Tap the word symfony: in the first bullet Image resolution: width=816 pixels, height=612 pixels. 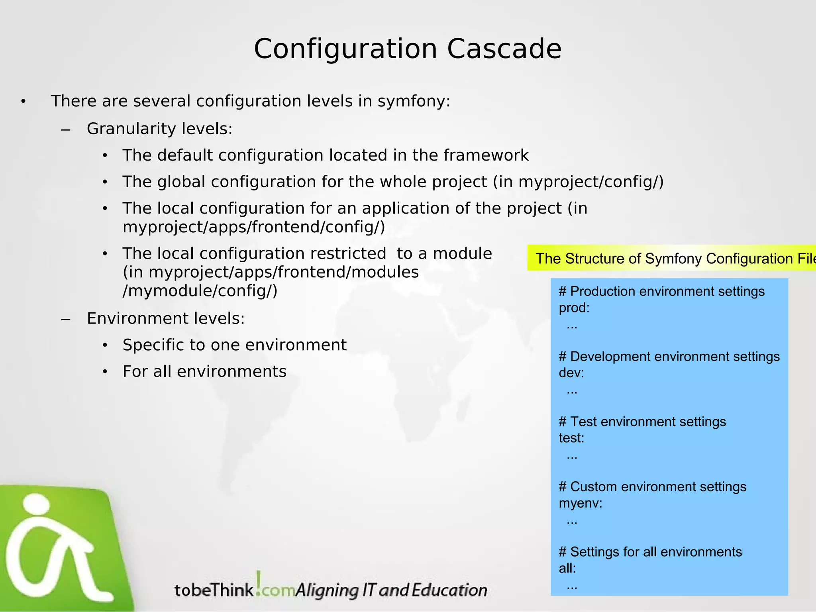pyautogui.click(x=414, y=101)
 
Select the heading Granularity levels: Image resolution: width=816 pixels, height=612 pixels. pyautogui.click(x=159, y=129)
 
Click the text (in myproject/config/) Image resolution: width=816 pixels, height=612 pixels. pyautogui.click(x=578, y=182)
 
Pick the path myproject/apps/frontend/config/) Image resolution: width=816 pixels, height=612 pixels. pyautogui.click(x=254, y=227)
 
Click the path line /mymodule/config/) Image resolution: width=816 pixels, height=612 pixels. pyautogui.click(x=200, y=291)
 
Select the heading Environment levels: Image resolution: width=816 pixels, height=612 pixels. pyautogui.click(x=166, y=318)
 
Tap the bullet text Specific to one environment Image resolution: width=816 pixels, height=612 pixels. pyautogui.click(x=234, y=345)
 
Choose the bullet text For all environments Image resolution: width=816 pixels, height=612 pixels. pyautogui.click(x=204, y=372)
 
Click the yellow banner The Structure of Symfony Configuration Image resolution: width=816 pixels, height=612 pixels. pyautogui.click(x=671, y=259)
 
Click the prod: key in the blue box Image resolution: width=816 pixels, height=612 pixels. pyautogui.click(x=574, y=308)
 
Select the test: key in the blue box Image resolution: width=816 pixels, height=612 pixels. pyautogui.click(x=571, y=438)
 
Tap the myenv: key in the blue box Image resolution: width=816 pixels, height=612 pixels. pyautogui.click(x=580, y=504)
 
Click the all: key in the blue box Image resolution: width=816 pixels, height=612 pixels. pyautogui.click(x=567, y=569)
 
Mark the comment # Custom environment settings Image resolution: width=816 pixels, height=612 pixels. pyautogui.click(x=652, y=487)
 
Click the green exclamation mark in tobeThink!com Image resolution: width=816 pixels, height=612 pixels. pyautogui.click(x=259, y=583)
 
